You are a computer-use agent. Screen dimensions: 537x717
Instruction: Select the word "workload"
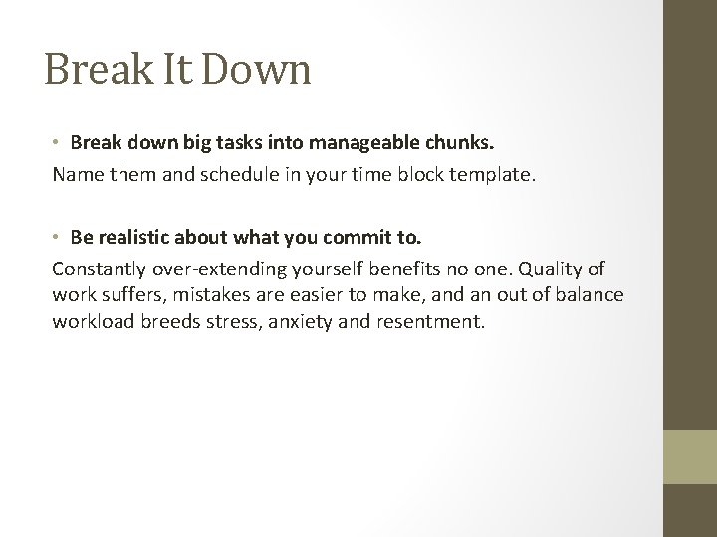91,322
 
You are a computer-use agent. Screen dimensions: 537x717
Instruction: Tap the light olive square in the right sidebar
690,455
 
